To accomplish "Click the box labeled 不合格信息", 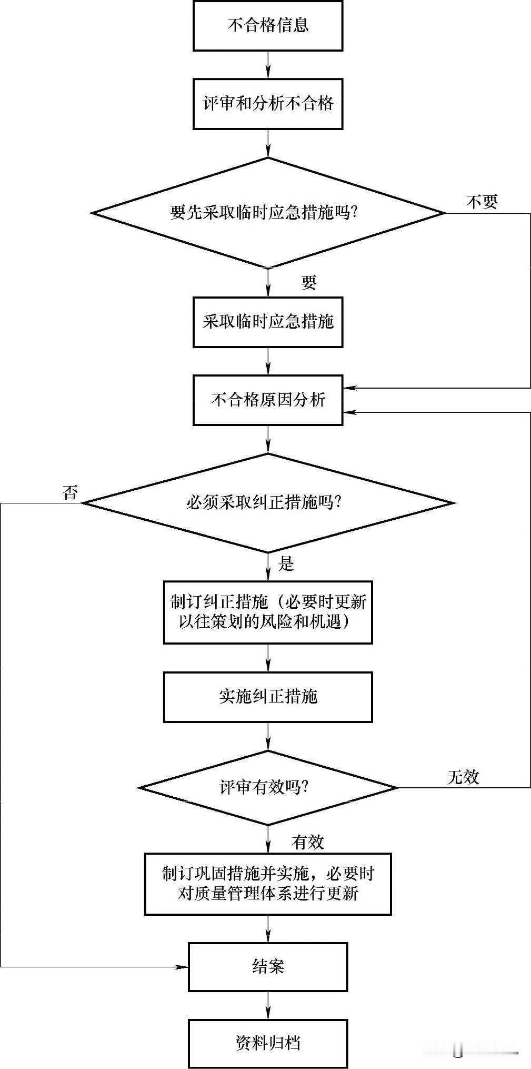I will (x=268, y=26).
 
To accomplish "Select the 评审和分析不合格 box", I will (x=268, y=104).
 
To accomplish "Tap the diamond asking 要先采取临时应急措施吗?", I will (x=268, y=213).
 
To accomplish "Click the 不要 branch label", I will (x=482, y=202).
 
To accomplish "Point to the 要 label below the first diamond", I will (x=309, y=283).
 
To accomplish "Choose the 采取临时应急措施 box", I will (x=268, y=322).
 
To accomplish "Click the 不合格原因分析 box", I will (x=268, y=400).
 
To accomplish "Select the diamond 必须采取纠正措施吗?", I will (x=268, y=503).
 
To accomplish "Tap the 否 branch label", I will (x=71, y=493).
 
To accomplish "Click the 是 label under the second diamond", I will (x=286, y=564).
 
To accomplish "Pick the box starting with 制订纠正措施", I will (x=268, y=612).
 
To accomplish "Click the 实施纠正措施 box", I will (x=268, y=697).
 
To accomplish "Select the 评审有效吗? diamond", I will (x=268, y=787).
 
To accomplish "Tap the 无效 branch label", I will (x=463, y=777).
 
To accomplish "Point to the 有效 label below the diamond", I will (x=308, y=842).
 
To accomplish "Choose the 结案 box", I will (x=268, y=966).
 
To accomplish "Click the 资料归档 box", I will (x=268, y=1043).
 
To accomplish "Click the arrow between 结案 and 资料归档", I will (x=268, y=1005).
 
